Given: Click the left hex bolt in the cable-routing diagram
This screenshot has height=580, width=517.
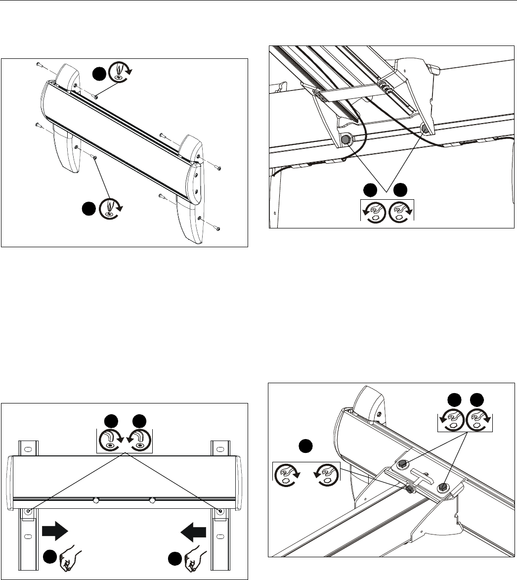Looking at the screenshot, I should (346, 140).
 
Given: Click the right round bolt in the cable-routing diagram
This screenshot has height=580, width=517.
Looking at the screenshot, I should (425, 129).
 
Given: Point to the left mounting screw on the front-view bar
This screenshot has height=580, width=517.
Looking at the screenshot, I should (28, 510).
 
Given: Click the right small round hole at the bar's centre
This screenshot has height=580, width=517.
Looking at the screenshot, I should (153, 500).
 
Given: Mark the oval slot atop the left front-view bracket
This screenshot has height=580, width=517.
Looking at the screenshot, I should (28, 449).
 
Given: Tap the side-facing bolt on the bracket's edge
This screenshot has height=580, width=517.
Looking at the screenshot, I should (410, 489).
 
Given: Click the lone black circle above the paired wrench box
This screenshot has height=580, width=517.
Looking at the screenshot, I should (305, 446).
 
